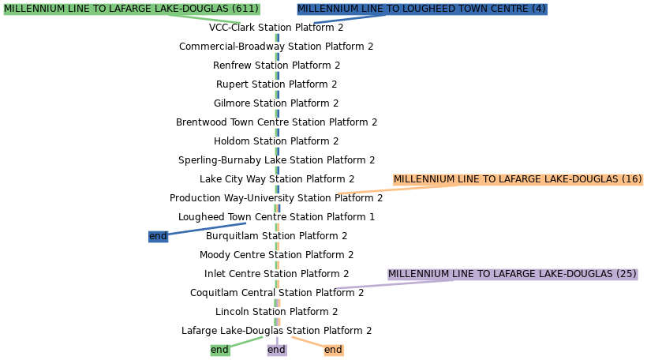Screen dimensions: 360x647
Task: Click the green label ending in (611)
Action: [131, 9]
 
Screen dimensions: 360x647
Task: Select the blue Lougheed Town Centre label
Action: [421, 9]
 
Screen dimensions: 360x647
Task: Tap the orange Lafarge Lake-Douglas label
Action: [518, 180]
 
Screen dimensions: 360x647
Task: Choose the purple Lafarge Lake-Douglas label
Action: [512, 274]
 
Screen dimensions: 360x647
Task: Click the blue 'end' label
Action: [158, 236]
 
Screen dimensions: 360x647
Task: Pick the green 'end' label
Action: [219, 350]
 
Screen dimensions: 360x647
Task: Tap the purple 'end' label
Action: [276, 350]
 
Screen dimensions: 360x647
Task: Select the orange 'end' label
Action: [333, 350]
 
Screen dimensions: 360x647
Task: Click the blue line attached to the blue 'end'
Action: [207, 229]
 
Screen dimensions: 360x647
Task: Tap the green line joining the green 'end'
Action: [246, 341]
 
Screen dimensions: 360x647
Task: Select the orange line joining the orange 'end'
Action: [308, 342]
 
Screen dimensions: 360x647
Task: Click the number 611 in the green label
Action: [245, 9]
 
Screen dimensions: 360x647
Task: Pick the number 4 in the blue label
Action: [538, 9]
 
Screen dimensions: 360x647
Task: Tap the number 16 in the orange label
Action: [632, 180]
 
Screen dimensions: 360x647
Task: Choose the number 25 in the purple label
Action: [626, 274]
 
